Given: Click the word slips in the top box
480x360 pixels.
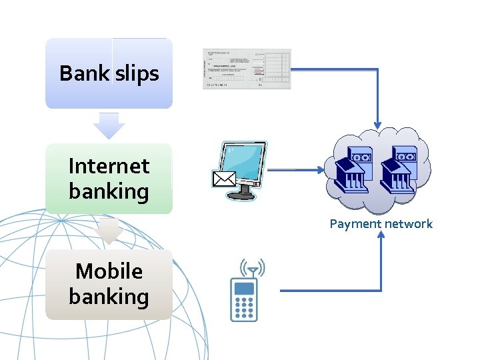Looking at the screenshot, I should point(137,73).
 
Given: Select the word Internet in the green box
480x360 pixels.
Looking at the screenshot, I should point(109,165).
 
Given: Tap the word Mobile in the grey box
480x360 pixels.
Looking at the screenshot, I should point(109,271).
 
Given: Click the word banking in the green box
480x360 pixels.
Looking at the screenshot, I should point(109,191).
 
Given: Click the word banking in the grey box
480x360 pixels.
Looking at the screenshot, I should point(109,297).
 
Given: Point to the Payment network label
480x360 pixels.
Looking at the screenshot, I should point(381,224).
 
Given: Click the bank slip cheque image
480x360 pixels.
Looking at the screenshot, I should point(247,69).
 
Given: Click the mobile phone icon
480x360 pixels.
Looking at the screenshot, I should point(244,300).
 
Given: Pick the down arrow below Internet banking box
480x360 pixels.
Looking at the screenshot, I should point(109,231).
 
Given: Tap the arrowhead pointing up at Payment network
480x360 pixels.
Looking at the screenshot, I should point(381,237).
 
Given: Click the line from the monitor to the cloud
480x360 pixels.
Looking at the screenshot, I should point(293,170).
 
